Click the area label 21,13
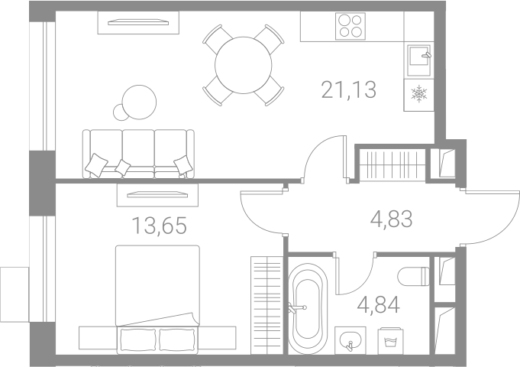pyautogui.click(x=348, y=89)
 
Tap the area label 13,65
pyautogui.click(x=159, y=226)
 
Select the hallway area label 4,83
pyautogui.click(x=391, y=219)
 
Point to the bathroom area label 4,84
pyautogui.click(x=379, y=305)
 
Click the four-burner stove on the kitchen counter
pyautogui.click(x=350, y=26)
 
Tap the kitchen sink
pyautogui.click(x=419, y=60)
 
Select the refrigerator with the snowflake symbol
pyautogui.click(x=419, y=95)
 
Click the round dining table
pyautogui.click(x=244, y=65)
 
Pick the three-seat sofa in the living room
pyautogui.click(x=138, y=154)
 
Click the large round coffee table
pyautogui.click(x=139, y=102)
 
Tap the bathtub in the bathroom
pyautogui.click(x=308, y=309)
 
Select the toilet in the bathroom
pyautogui.click(x=414, y=276)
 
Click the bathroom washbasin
pyautogui.click(x=350, y=340)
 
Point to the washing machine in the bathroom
pyautogui.click(x=391, y=341)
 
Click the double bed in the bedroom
pyautogui.click(x=157, y=299)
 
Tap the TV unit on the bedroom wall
pyautogui.click(x=157, y=195)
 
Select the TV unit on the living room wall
pyautogui.click(x=138, y=23)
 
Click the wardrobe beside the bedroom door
pyautogui.click(x=266, y=305)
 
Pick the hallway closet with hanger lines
pyautogui.click(x=392, y=165)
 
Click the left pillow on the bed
pyautogui.click(x=138, y=340)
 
